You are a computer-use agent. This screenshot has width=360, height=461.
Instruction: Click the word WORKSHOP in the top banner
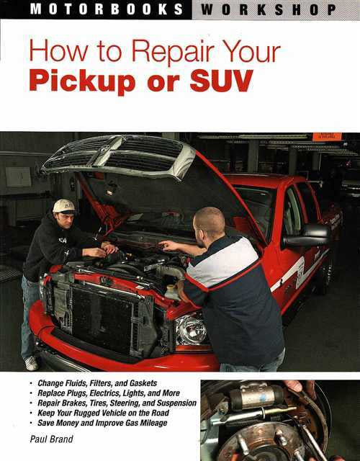(269, 10)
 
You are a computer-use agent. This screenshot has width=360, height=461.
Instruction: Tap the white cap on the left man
(64, 206)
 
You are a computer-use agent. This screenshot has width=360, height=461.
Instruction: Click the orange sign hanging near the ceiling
(327, 137)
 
